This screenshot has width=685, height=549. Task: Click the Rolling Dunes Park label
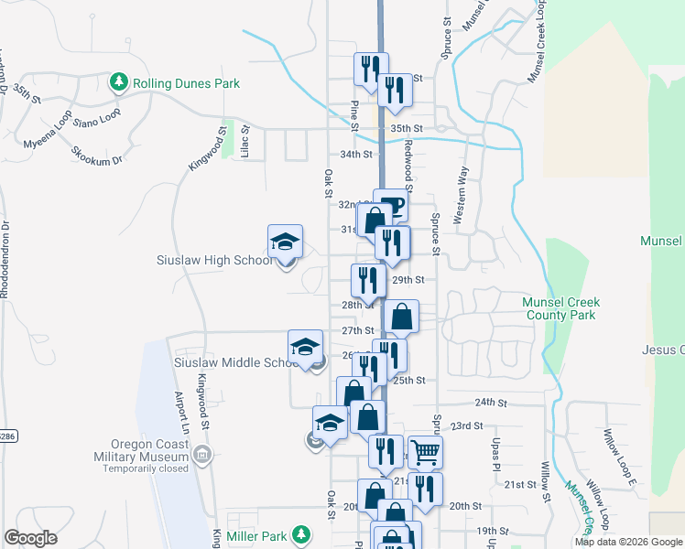[x=186, y=83]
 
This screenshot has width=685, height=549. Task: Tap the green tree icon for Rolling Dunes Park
[x=118, y=83]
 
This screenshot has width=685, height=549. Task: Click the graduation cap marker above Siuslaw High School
[x=285, y=242]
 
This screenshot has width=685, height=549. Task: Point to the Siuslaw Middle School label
[x=232, y=362]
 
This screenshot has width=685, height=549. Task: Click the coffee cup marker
[x=391, y=205]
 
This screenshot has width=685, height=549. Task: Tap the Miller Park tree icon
[x=299, y=534]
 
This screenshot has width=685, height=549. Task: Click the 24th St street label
[x=491, y=402]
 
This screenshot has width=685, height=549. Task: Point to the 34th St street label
[x=356, y=155]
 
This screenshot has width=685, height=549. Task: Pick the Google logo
[x=31, y=538]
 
